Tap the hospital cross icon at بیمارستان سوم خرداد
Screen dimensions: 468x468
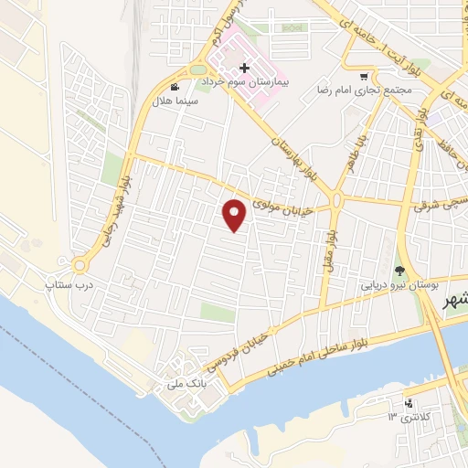[x=244, y=68]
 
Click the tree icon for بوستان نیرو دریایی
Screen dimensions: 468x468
[x=399, y=270]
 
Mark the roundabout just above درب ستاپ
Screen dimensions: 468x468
[x=80, y=266]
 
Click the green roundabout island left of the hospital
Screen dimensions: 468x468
[x=198, y=69]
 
